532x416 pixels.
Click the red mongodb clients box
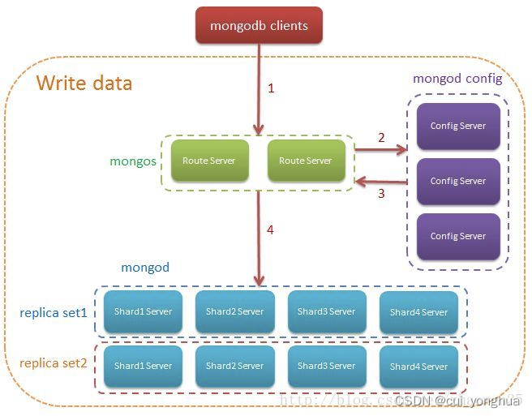coord(259,25)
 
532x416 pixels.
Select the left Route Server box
coord(209,161)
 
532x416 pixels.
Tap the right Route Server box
coord(306,161)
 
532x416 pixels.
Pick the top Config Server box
coord(458,126)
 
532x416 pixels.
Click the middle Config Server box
coord(458,181)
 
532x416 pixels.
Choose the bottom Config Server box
coord(458,236)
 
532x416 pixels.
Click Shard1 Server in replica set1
coord(144,311)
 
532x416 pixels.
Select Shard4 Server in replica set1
coord(418,311)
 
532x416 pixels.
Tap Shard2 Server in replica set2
coord(235,366)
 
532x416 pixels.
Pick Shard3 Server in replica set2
coord(327,366)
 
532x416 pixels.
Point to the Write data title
coord(84,84)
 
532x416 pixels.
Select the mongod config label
coord(457,79)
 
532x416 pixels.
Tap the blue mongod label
coord(145,267)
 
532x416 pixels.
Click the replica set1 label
coord(54,312)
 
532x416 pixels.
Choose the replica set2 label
coord(54,363)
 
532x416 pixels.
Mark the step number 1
coord(271,88)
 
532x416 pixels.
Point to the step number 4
coord(270,230)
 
